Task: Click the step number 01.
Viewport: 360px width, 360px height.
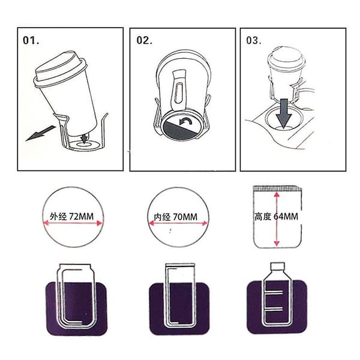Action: point(31,40)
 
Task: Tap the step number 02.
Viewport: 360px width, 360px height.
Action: point(144,40)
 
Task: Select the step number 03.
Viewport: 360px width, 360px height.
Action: point(254,40)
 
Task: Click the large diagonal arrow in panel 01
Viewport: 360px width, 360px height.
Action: point(41,133)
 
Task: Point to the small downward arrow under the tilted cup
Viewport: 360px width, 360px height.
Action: point(85,138)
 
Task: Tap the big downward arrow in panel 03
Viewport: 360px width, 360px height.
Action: point(284,113)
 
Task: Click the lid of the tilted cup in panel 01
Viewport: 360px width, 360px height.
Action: point(61,68)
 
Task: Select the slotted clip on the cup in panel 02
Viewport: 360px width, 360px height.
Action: point(179,90)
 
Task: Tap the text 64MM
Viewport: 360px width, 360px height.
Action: point(286,217)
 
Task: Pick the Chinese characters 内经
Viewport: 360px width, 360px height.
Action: point(162,217)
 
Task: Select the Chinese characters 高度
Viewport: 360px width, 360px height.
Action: point(263,217)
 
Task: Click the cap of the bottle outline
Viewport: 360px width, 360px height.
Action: point(278,266)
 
